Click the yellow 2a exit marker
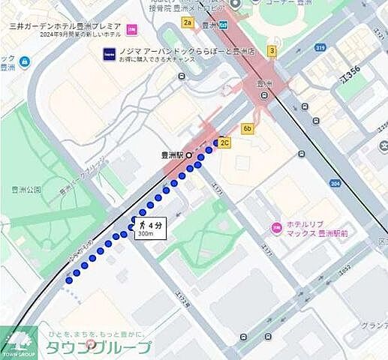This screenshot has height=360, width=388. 188,22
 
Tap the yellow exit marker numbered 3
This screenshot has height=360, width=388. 272,51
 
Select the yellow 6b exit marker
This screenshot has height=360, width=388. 248,129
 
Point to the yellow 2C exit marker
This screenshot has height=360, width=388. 225,142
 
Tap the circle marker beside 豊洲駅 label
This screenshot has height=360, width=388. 190,156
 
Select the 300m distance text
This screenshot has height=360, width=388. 145,234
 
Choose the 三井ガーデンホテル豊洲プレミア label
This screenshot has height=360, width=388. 66,25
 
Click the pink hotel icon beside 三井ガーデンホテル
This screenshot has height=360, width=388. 132,29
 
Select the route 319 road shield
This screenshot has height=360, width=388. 321,47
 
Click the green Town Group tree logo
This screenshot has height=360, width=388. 18,341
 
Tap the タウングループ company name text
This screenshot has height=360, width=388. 98,346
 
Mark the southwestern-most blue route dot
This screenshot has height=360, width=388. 69,280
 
